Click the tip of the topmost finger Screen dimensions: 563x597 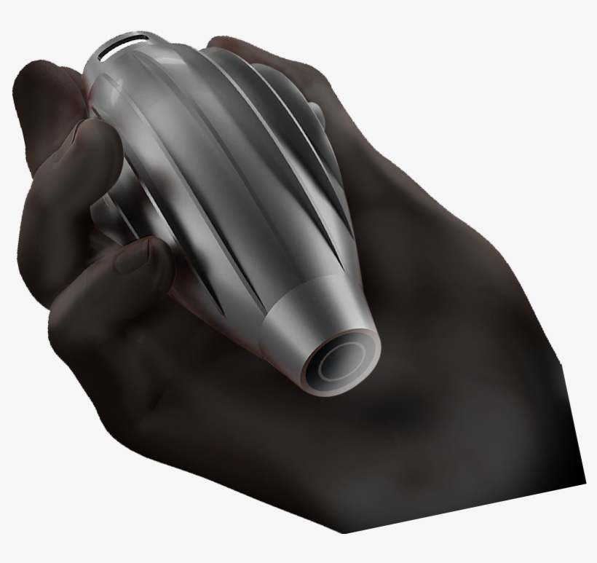point(44,80)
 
